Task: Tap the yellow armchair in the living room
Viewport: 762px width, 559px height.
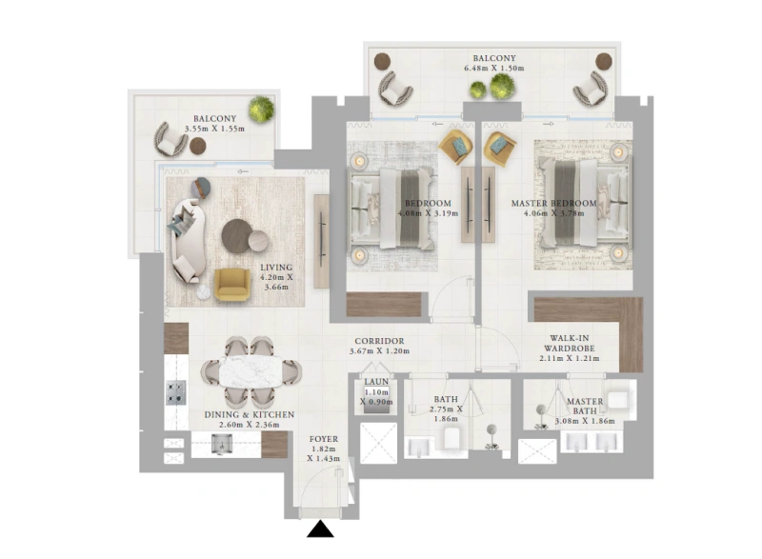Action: [231, 284]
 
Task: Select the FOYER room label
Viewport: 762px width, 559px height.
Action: [324, 440]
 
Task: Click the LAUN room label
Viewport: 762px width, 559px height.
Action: [375, 383]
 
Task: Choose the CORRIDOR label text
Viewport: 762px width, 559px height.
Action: [379, 340]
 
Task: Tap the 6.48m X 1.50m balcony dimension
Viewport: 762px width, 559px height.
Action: [494, 70]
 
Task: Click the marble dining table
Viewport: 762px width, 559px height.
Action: [252, 371]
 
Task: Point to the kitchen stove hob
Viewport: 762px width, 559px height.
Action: [176, 391]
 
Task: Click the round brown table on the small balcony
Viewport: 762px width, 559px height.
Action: [198, 148]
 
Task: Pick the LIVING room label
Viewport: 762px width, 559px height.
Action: [276, 268]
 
